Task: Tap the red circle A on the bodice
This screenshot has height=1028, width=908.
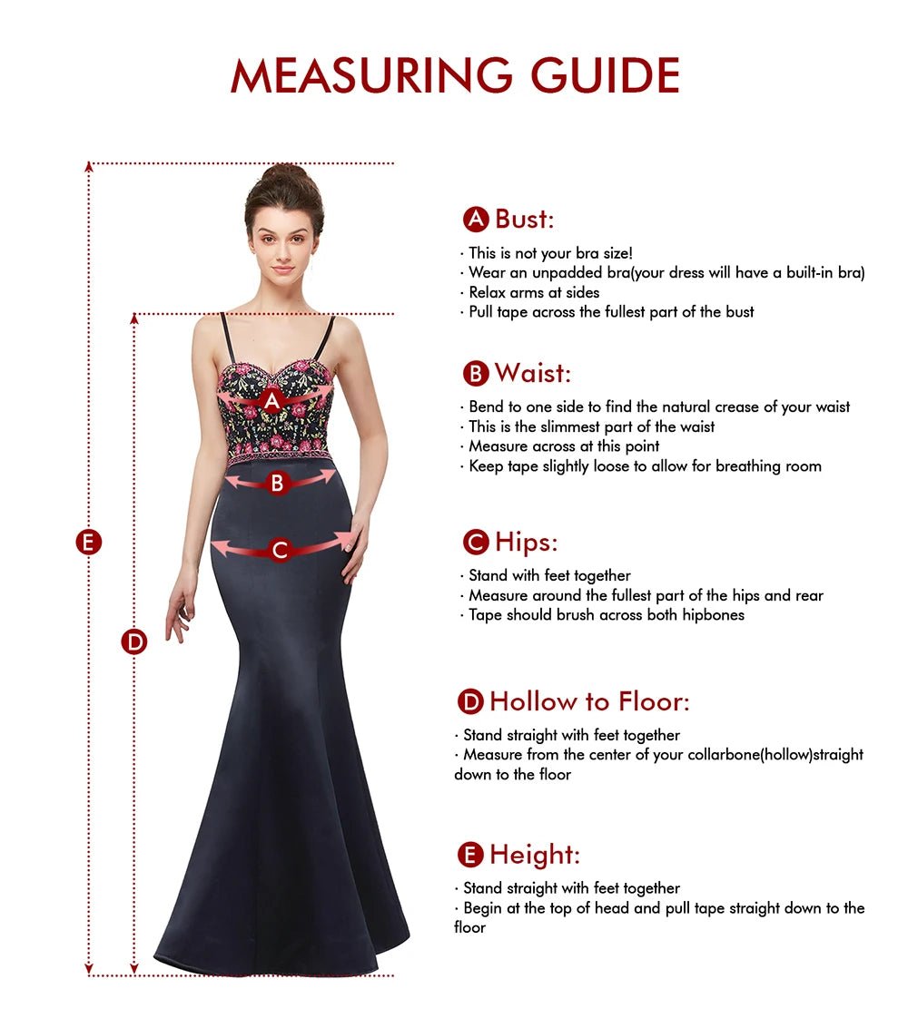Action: click(x=271, y=399)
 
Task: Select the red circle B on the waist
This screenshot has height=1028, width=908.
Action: click(x=278, y=483)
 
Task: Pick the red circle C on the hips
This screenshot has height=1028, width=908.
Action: click(x=280, y=550)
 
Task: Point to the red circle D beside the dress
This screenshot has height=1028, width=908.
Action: click(x=134, y=642)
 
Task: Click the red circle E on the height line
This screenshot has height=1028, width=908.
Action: click(x=88, y=543)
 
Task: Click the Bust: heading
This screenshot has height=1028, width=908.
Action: click(x=524, y=219)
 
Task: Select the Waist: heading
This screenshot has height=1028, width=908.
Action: click(x=533, y=373)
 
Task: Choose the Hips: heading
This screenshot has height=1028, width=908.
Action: click(x=526, y=543)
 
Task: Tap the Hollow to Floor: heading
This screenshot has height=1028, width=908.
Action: click(x=589, y=701)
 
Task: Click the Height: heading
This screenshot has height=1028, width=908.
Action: click(x=534, y=855)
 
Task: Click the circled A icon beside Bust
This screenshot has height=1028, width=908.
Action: click(x=476, y=220)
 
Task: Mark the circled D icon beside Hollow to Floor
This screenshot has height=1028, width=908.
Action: click(x=470, y=702)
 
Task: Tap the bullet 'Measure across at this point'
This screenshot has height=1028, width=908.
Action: click(x=564, y=446)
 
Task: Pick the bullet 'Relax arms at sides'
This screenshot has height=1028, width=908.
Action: click(x=534, y=292)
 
